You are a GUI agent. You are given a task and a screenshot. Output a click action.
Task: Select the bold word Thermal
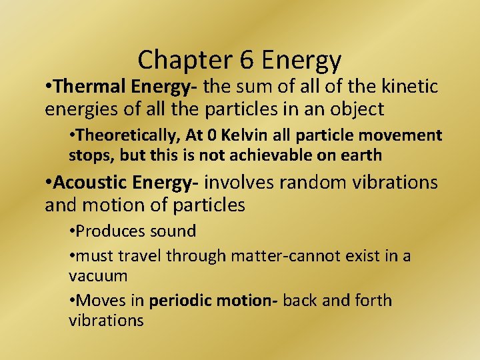click(92, 86)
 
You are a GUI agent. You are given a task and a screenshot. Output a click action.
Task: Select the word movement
click(403, 135)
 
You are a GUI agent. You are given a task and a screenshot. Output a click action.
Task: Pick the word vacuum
click(99, 275)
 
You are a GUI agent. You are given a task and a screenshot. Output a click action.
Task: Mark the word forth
click(373, 300)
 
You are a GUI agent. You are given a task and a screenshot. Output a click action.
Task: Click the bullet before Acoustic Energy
click(48, 182)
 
